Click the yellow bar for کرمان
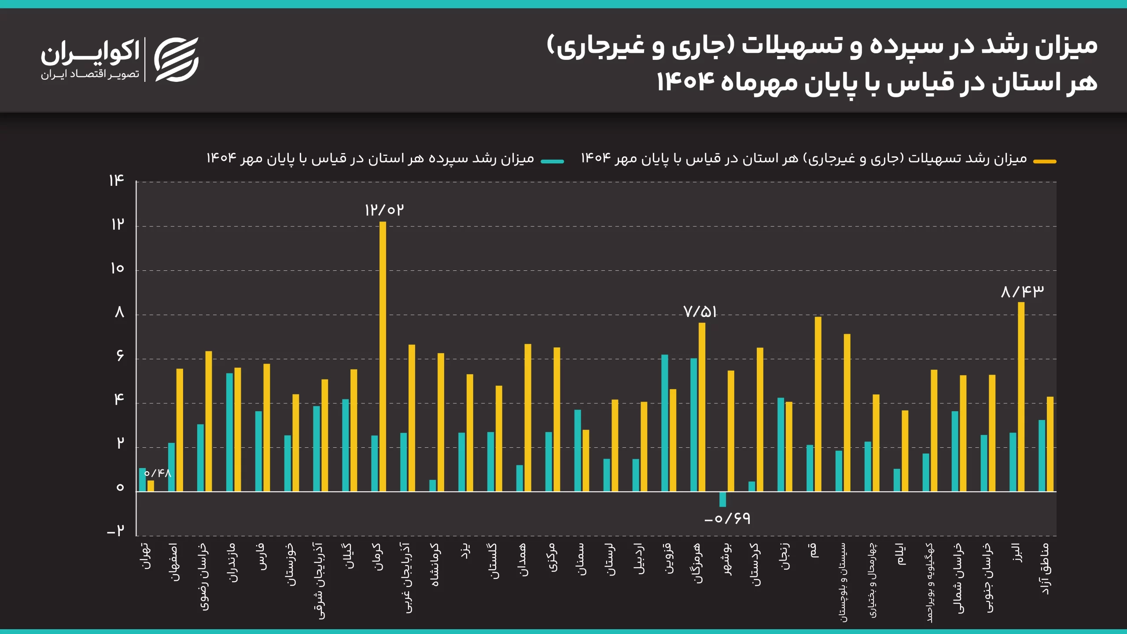(x=383, y=357)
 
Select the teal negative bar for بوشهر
(x=722, y=499)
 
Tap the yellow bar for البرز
(x=1021, y=396)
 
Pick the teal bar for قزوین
(x=664, y=423)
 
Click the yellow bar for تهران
(x=151, y=486)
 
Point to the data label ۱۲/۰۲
(x=384, y=210)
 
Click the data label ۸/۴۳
(x=1022, y=291)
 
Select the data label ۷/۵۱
(x=700, y=312)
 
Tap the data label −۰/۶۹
(x=727, y=519)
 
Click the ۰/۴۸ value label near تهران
(x=158, y=473)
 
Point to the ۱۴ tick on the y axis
(x=117, y=181)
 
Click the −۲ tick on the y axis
(x=116, y=531)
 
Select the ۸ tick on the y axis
(x=119, y=313)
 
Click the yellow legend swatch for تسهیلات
(x=1045, y=162)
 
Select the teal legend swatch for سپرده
(x=552, y=162)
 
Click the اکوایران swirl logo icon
(x=177, y=59)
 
